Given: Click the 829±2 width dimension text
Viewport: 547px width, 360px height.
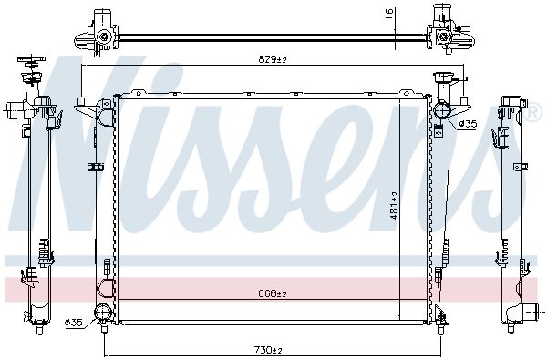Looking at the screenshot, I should tap(272, 59).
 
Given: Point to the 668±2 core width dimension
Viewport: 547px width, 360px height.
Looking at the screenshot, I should tap(272, 294).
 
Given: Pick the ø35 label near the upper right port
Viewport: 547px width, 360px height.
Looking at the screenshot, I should tap(466, 123).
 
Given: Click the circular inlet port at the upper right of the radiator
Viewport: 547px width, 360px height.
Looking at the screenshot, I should tap(440, 113).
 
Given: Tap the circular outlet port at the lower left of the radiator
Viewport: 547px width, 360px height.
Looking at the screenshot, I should tap(103, 314).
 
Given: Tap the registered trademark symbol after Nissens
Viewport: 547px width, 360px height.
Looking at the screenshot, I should tap(529, 116).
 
